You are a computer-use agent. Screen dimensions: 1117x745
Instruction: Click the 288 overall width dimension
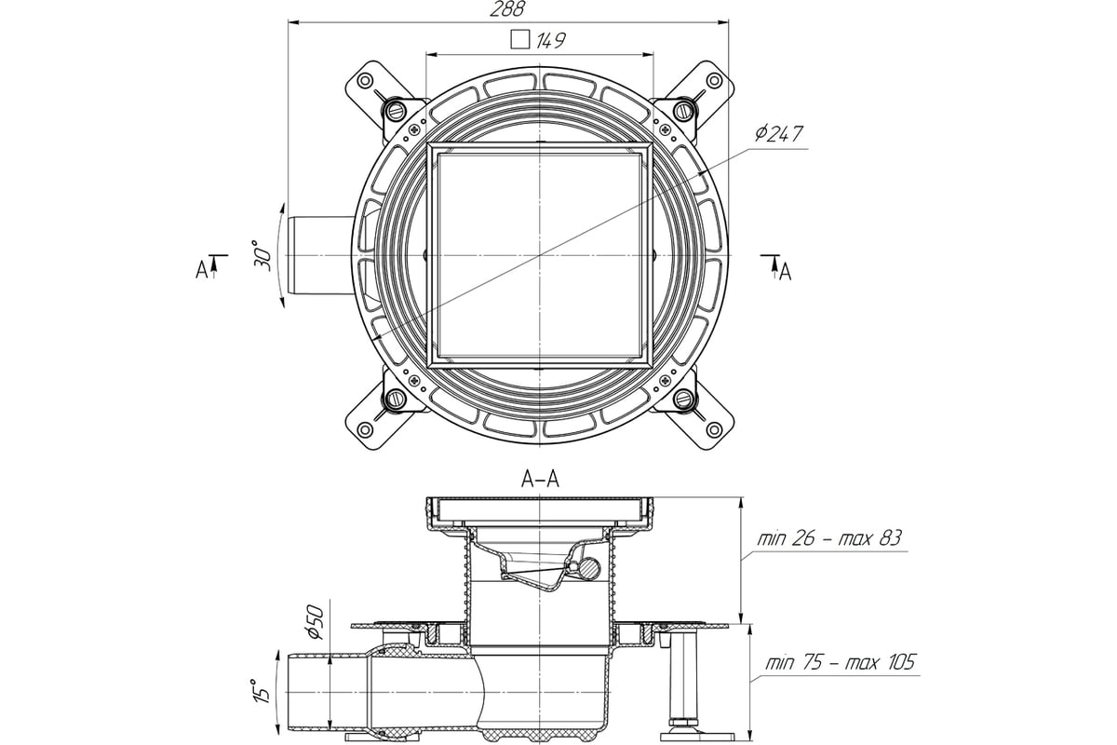(x=507, y=9)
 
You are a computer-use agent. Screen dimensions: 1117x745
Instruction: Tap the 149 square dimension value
(x=551, y=40)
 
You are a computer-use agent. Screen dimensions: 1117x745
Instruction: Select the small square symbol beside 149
(x=519, y=39)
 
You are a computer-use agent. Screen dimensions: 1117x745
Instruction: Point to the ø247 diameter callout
(x=778, y=134)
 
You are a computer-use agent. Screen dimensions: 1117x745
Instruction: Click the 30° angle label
(x=262, y=255)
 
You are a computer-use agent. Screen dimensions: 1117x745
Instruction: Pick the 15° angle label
(x=262, y=691)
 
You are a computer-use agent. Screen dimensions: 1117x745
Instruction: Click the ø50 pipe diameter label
(x=316, y=622)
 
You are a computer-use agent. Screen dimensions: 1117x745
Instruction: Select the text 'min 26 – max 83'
(x=829, y=538)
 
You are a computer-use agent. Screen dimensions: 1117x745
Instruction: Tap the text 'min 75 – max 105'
(x=841, y=663)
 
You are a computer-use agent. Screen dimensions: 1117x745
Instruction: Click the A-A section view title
(x=540, y=480)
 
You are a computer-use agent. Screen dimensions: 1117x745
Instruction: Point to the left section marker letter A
(x=201, y=270)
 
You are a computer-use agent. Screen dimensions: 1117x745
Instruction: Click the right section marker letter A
(x=786, y=273)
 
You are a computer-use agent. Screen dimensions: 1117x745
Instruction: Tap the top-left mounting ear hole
(x=366, y=80)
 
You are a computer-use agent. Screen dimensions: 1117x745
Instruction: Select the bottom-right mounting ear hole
(x=715, y=429)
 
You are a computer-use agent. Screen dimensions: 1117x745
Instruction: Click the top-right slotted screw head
(x=683, y=109)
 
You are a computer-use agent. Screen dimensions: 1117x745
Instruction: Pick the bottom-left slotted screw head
(x=396, y=400)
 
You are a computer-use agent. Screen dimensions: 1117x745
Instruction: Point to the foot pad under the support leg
(x=697, y=737)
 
